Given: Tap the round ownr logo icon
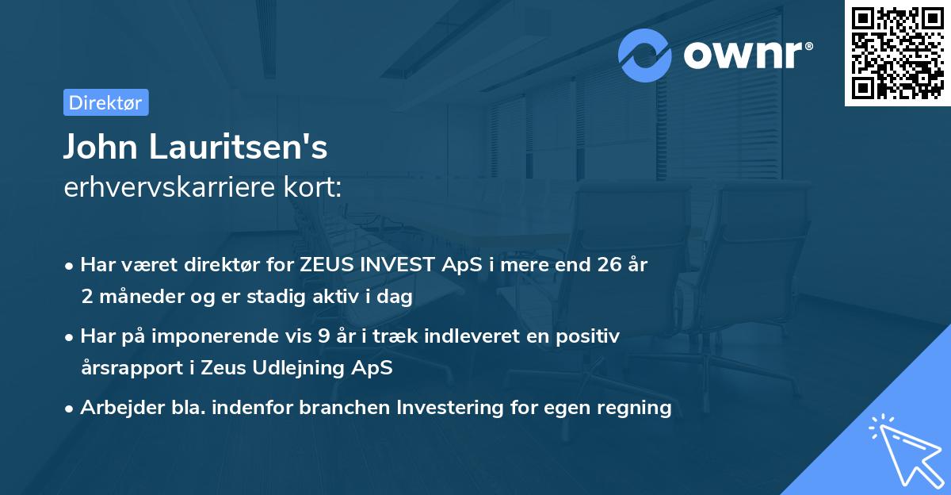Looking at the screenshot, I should [646, 56].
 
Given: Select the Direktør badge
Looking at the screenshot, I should [105, 102].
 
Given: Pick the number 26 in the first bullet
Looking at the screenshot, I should [602, 265].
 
